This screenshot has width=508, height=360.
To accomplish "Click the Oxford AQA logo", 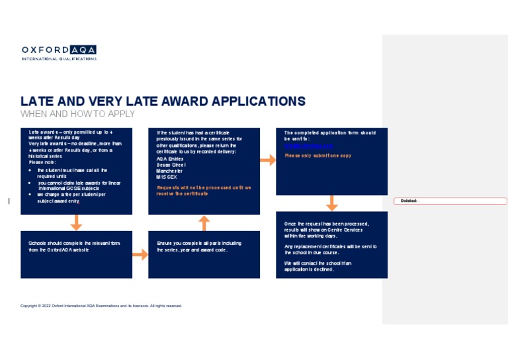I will tap(59, 52).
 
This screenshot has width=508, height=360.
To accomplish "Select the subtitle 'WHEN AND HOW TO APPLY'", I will tap(77, 114).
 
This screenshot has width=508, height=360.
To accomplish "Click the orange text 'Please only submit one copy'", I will tap(317, 156).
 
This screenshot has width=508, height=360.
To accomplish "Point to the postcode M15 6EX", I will tap(166, 177).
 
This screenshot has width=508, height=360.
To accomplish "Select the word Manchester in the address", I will tap(169, 171).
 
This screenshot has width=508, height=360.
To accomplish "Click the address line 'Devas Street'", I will tap(171, 165).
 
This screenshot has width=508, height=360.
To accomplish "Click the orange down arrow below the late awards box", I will tap(77, 222).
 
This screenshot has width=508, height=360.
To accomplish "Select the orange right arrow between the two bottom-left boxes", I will tap(140, 255).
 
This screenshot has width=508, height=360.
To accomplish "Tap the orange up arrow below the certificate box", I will tap(204, 223).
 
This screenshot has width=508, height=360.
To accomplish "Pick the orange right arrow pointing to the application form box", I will tap(267, 160).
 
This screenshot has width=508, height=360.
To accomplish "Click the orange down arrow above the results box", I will tap(332, 203).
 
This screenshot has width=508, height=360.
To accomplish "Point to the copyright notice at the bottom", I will tap(101, 306).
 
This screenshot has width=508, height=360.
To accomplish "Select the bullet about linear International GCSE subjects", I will tap(79, 185).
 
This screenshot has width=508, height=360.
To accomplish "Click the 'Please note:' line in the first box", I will tap(42, 162).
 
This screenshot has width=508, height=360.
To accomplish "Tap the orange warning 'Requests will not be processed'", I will tap(203, 191).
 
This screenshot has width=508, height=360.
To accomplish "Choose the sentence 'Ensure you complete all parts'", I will tap(198, 247).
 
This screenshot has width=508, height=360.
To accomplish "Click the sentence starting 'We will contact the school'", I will tap(317, 266).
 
